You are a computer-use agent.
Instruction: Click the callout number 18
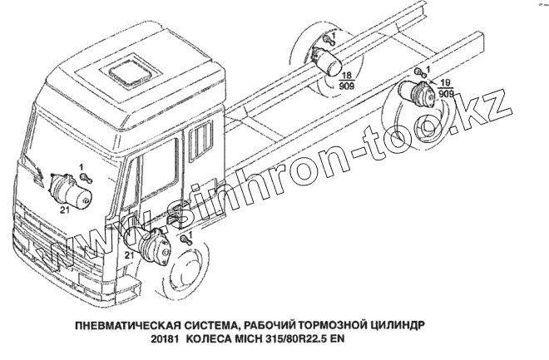(x=345, y=74)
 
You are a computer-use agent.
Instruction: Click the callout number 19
(x=445, y=83)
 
